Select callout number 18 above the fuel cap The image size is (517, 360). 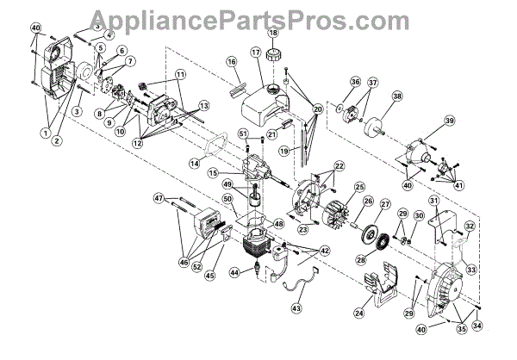pyautogui.click(x=272, y=34)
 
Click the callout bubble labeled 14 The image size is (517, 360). pyautogui.click(x=194, y=162)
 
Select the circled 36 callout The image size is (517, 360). pyautogui.click(x=354, y=83)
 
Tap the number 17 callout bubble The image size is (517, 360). pyautogui.click(x=255, y=53)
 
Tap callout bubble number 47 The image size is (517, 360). pyautogui.click(x=159, y=198)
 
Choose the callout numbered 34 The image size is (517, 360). pyautogui.click(x=478, y=324)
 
